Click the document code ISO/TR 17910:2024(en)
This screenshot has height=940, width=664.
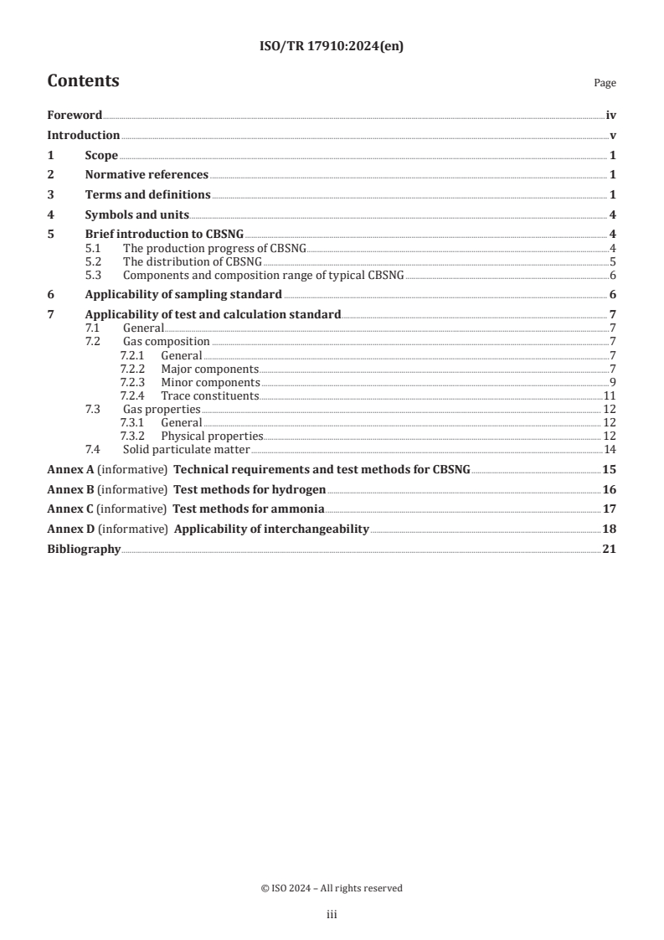coord(332,47)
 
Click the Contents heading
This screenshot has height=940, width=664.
coord(83,81)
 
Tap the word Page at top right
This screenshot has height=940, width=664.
coord(605,84)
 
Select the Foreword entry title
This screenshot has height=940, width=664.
coord(75,116)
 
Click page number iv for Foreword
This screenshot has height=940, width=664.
coord(610,116)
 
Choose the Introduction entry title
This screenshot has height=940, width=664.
coord(83,136)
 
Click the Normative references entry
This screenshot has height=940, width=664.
coord(147,175)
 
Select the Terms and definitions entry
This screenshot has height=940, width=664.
coord(147,195)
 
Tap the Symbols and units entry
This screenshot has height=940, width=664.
coord(136,214)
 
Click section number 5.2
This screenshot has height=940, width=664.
coord(94,261)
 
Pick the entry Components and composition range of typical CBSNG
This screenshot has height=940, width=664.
coord(263,275)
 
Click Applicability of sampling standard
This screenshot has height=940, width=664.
coord(183,294)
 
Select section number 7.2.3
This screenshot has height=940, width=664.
coord(132,382)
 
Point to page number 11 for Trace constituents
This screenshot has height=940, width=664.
coord(610,395)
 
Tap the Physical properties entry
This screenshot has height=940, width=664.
coord(212,436)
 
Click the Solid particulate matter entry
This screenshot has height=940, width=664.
coord(182,449)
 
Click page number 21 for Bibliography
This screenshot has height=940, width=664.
coord(609,550)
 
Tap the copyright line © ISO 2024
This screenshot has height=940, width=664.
coord(332,888)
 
